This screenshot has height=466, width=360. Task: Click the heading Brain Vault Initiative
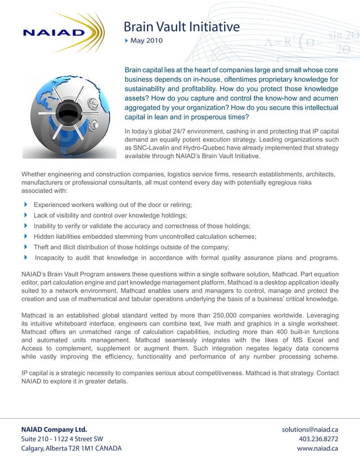click(x=181, y=27)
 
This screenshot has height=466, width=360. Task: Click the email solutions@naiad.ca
click(x=309, y=429)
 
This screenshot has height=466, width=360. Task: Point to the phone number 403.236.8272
click(x=318, y=439)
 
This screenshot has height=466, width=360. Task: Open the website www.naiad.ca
click(x=317, y=449)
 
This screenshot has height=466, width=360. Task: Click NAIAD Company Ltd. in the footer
click(x=54, y=429)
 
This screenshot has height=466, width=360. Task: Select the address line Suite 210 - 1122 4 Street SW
click(x=62, y=439)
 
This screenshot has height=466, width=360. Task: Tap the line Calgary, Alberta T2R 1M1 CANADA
click(x=71, y=449)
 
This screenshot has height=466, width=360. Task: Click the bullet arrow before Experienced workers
click(x=25, y=204)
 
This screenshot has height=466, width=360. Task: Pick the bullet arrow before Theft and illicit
click(x=25, y=247)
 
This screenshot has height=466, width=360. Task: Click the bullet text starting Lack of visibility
click(x=110, y=216)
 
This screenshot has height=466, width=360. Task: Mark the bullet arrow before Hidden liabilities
click(x=25, y=236)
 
